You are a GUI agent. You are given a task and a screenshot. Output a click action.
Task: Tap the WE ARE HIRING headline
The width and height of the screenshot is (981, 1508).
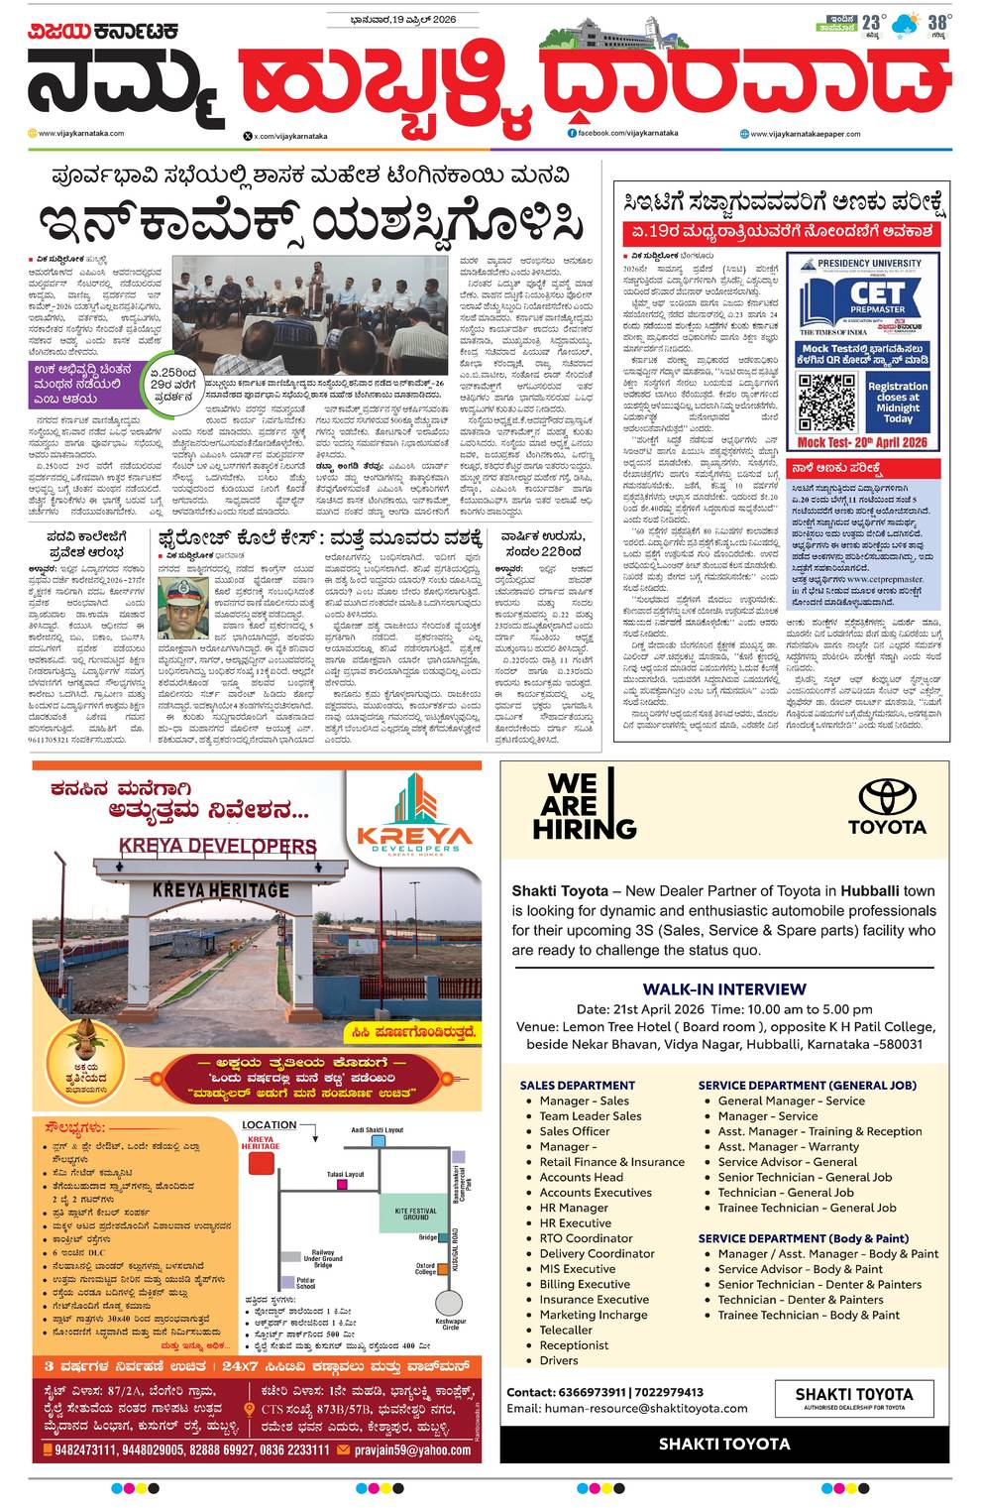(585, 806)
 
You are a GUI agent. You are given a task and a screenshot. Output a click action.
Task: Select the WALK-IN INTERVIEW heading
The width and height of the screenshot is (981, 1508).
(724, 988)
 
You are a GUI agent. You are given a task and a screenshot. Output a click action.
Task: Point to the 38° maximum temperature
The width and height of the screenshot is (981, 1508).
(938, 22)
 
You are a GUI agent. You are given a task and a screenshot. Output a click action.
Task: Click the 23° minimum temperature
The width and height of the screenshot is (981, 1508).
(872, 22)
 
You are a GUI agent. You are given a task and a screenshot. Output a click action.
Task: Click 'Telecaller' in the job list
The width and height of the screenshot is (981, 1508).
(566, 1330)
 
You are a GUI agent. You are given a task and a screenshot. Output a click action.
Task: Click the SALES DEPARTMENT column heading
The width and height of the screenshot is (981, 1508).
(577, 1085)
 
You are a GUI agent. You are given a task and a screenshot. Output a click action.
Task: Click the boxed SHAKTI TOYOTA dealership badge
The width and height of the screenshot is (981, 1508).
(853, 1398)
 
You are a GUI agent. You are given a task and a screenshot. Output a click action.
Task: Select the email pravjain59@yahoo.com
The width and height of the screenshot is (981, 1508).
(413, 1450)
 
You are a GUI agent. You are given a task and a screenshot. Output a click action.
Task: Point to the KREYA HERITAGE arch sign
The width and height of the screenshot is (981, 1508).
(221, 890)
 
